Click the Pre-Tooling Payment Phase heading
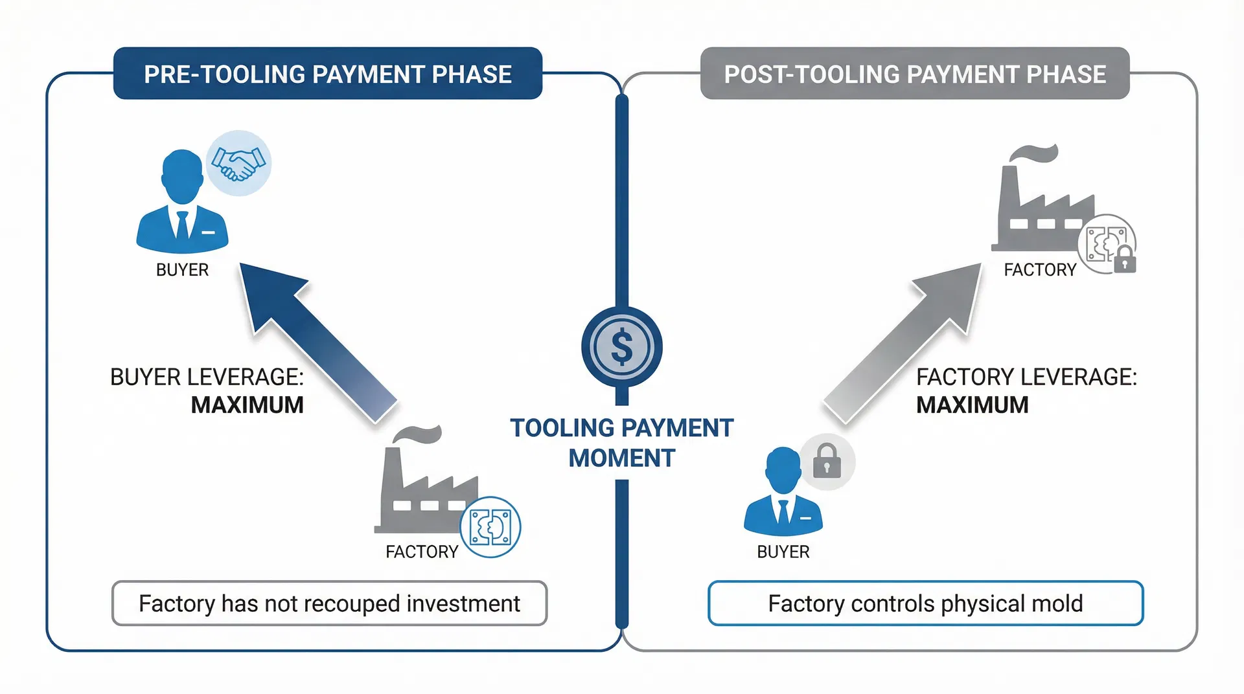(x=328, y=74)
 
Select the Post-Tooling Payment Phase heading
(x=914, y=74)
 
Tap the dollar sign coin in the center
(x=621, y=346)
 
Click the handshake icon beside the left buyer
(x=238, y=163)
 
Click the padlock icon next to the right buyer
(x=827, y=461)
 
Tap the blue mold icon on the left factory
(x=490, y=527)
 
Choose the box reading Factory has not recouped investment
(x=329, y=603)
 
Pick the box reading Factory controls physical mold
(x=925, y=603)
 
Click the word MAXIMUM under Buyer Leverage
(x=247, y=405)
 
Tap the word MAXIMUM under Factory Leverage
(x=972, y=405)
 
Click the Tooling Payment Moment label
(x=621, y=443)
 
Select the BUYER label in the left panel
(x=182, y=270)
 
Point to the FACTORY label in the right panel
(x=1039, y=270)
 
